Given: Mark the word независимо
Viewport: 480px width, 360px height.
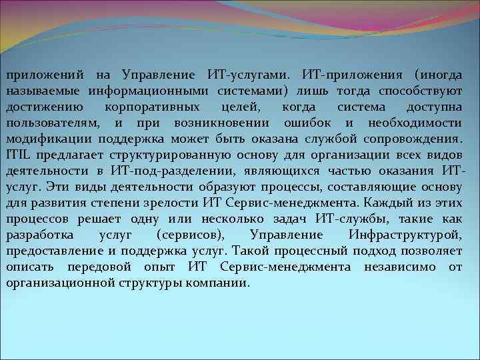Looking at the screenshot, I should coord(405,267).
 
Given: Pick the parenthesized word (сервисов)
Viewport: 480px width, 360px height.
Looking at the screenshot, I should coord(192,235).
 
